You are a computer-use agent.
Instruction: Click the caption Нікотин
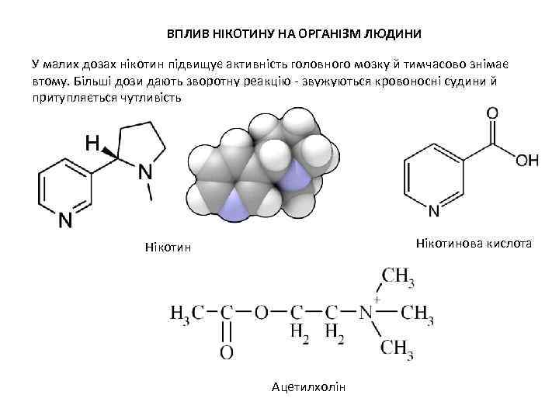click(167, 248)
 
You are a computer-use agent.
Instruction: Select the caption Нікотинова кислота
click(474, 244)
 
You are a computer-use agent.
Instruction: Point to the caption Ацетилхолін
click(307, 386)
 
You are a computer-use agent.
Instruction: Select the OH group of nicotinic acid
click(526, 160)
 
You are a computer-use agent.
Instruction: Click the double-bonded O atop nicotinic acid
click(492, 114)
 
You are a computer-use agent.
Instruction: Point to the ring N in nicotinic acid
click(434, 212)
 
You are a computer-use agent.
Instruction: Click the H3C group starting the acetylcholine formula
click(186, 313)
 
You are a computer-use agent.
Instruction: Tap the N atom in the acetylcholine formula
click(367, 313)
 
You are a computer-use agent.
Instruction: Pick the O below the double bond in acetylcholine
click(226, 354)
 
